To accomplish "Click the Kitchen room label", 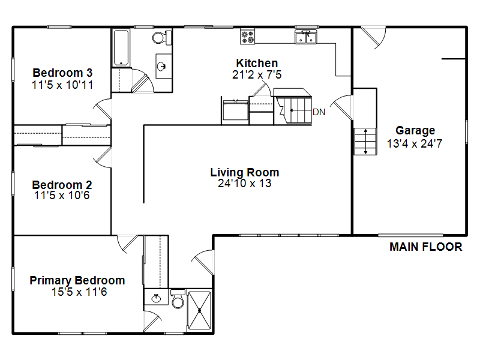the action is point(257,63).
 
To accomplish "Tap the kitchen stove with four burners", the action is point(248,37).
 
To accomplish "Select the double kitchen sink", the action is point(306,37).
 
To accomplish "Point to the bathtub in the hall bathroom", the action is point(121,48).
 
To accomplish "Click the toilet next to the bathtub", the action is point(162,38).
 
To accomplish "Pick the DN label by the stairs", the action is point(319,112).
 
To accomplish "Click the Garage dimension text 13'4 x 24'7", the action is point(415,143).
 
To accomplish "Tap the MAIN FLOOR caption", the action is point(426,247).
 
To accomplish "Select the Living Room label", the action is point(245,172).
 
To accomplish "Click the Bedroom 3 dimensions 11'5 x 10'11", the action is point(62,85).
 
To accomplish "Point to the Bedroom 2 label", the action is point(62,185).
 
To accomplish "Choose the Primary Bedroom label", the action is point(77,280).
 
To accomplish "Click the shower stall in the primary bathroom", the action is point(199,310).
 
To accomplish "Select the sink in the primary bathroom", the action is point(157,297).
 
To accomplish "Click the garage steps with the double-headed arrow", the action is point(365,142).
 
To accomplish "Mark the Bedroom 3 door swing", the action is point(102,109).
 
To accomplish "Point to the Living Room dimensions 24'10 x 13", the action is point(245,184).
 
